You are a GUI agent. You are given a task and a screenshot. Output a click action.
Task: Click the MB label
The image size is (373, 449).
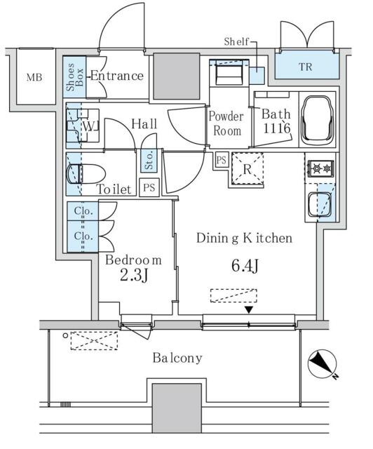tap(34, 77)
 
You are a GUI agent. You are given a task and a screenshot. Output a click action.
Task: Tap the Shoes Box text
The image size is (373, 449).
tap(75, 77)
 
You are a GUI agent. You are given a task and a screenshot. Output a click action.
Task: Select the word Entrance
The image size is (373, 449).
tap(117, 76)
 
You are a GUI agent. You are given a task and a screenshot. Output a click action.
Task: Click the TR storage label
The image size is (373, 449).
tap(306, 67)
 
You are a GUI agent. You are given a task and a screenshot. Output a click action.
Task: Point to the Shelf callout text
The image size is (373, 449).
tap(236, 42)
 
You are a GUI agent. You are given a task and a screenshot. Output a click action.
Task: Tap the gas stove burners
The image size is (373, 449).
tap(320, 168)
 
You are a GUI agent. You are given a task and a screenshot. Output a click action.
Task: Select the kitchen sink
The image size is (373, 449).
tap(320, 205)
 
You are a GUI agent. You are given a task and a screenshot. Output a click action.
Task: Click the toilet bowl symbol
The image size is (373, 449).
tap(86, 174)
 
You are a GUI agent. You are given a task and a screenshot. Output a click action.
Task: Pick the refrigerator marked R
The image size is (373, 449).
tap(247, 169)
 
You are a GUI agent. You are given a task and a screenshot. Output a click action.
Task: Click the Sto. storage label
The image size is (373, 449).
tap(149, 161)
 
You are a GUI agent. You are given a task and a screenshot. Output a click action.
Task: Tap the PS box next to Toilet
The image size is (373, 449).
tap(149, 187)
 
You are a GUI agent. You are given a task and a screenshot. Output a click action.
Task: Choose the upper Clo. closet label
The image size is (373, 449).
tap(83, 211)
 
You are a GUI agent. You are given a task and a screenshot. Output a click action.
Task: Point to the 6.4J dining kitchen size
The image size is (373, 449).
tap(245, 265)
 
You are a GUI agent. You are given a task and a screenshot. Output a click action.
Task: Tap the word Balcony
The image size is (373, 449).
tap(177, 358)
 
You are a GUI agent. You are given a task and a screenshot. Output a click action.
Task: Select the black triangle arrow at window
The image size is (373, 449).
tap(249, 309)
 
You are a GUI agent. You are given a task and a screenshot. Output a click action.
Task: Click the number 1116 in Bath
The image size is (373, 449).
tap(276, 128)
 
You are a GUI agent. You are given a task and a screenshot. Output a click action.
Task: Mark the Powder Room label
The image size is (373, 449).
tap(226, 123)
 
